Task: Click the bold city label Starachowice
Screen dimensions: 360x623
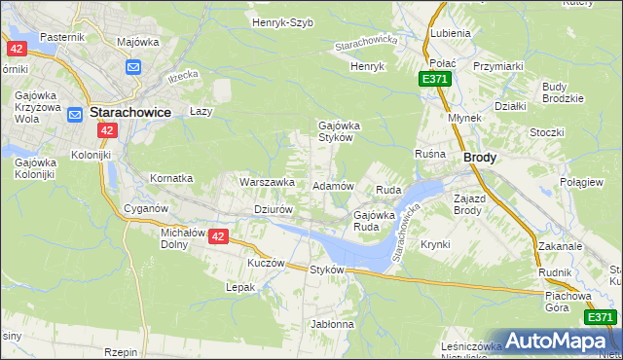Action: click(x=130, y=112)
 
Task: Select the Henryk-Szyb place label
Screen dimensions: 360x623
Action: click(x=282, y=21)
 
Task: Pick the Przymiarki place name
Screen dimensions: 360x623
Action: click(x=499, y=66)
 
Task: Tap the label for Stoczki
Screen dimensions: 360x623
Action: click(x=547, y=131)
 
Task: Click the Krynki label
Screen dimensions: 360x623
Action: click(x=435, y=244)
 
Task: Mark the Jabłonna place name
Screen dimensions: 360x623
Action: click(x=332, y=323)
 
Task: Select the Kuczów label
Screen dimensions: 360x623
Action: click(x=266, y=263)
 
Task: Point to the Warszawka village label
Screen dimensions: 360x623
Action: click(x=267, y=182)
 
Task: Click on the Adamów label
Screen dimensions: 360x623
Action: click(x=332, y=185)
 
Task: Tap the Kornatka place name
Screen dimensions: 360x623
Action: click(x=171, y=179)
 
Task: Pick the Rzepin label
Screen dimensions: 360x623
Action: click(x=123, y=351)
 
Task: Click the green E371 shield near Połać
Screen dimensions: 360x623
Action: click(x=435, y=79)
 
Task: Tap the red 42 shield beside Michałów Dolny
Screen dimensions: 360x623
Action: click(x=218, y=236)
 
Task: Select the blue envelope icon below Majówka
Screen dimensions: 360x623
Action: click(x=134, y=66)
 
